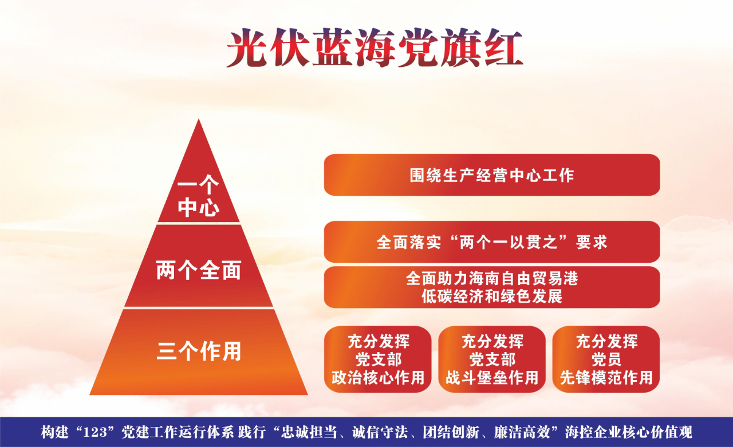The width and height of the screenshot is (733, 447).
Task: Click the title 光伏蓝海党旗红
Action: [x=374, y=49]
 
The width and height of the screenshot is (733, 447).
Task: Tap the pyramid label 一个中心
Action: [x=198, y=196]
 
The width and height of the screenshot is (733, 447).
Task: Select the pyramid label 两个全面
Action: [x=199, y=270]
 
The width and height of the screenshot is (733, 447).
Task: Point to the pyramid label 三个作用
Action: [x=199, y=351]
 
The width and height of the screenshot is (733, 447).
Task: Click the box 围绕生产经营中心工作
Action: [x=492, y=175]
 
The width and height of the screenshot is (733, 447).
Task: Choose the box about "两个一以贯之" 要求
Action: [x=492, y=242]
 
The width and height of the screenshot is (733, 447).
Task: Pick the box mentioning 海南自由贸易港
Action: [x=492, y=287]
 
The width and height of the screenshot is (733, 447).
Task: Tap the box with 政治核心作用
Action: [x=377, y=359]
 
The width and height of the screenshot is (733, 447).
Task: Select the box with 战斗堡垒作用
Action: [x=492, y=359]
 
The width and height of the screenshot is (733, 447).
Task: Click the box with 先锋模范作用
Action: [x=606, y=359]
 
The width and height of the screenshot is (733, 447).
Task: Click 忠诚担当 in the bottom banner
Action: [x=309, y=432]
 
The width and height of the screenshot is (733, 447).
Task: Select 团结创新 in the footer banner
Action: [x=450, y=432]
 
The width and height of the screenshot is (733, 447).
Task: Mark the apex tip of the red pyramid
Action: [x=198, y=119]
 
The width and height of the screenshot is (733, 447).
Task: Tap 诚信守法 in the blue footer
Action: [x=380, y=432]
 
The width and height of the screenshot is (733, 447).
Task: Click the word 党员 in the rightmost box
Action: [x=606, y=359]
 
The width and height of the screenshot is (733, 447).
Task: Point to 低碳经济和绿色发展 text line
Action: [x=492, y=296]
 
